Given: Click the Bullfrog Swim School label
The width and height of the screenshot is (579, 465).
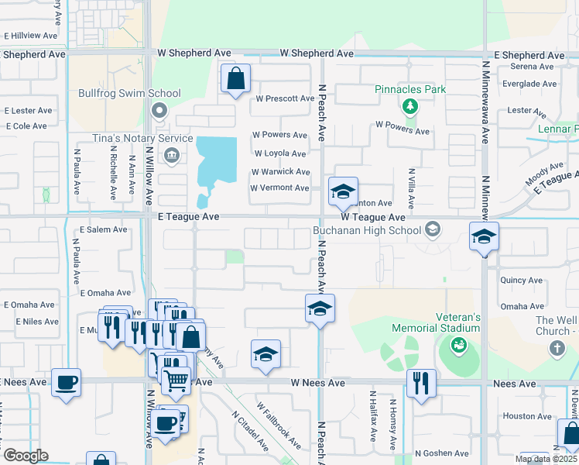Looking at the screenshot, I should tap(129, 94).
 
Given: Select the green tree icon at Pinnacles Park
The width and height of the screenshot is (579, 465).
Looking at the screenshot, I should tap(409, 106).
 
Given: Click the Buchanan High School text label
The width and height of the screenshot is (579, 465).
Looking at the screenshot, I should tap(367, 230).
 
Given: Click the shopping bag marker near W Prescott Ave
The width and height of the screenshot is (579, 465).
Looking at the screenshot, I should tap(235, 79).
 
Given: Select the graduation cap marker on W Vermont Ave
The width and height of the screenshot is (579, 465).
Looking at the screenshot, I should tap(342, 192).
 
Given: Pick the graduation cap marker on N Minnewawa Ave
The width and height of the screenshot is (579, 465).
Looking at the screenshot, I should tap(484, 237).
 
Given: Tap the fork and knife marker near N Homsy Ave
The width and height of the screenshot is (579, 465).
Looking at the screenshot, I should tap(421, 383).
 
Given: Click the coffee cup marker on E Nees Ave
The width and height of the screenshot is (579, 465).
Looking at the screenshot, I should tap(67, 381).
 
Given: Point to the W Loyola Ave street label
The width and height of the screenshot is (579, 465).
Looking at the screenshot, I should tap(280, 153).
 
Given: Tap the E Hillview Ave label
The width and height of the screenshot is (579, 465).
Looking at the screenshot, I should tap(31, 36).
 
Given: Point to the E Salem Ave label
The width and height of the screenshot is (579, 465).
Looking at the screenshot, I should tap(104, 229).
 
